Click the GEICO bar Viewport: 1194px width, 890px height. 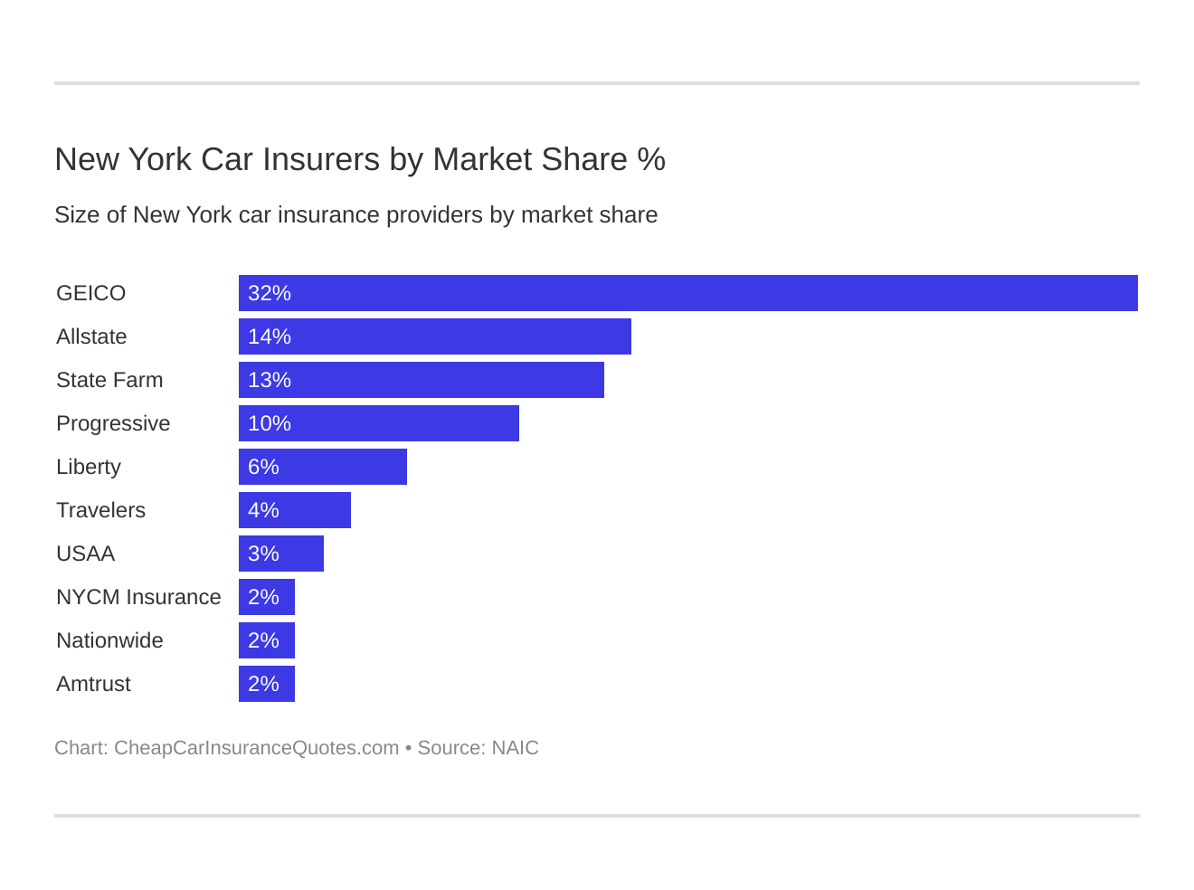click(687, 293)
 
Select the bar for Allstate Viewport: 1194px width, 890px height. click(434, 336)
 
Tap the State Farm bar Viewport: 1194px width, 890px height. click(421, 380)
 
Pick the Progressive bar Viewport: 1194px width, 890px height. click(378, 423)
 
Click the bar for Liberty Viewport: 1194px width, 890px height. click(322, 467)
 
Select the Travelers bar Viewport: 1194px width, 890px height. click(294, 510)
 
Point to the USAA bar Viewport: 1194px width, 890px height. click(280, 554)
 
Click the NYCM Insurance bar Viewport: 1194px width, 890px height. click(267, 597)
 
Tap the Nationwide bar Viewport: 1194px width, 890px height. click(267, 640)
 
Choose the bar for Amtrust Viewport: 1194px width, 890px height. click(267, 684)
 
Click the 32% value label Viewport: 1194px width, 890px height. click(270, 293)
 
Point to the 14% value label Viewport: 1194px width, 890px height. click(270, 336)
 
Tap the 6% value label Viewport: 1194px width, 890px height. click(263, 467)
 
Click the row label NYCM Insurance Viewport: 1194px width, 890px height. click(138, 597)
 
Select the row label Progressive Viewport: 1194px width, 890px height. click(113, 423)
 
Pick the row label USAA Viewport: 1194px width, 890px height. click(85, 554)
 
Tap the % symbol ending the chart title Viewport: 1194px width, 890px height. click(651, 159)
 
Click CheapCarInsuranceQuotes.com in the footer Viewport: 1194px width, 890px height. click(256, 748)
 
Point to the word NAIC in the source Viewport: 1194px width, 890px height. click(515, 748)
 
